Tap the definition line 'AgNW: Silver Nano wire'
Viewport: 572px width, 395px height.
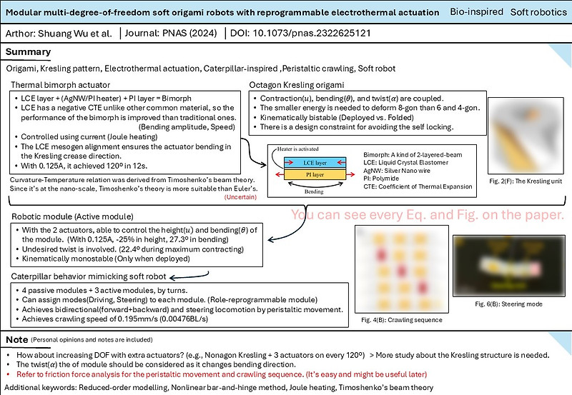pyautogui.click(x=402, y=168)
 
